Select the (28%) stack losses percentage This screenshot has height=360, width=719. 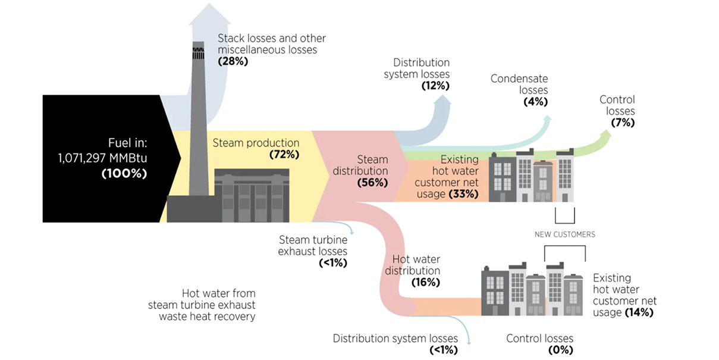pyautogui.click(x=233, y=62)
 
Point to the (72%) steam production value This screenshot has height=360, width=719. pyautogui.click(x=284, y=155)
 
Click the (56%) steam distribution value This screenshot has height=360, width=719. pyautogui.click(x=372, y=183)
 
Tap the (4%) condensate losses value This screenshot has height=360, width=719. pyautogui.click(x=535, y=102)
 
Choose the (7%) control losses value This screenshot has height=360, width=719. pyautogui.click(x=623, y=123)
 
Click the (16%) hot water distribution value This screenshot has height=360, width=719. pyautogui.click(x=425, y=282)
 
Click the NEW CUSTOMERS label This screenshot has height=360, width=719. pyautogui.click(x=564, y=234)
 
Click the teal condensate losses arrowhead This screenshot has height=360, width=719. pyautogui.click(x=547, y=119)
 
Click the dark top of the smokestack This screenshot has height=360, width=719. pyautogui.click(x=198, y=51)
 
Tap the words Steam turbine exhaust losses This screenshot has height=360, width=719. pyautogui.click(x=313, y=246)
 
